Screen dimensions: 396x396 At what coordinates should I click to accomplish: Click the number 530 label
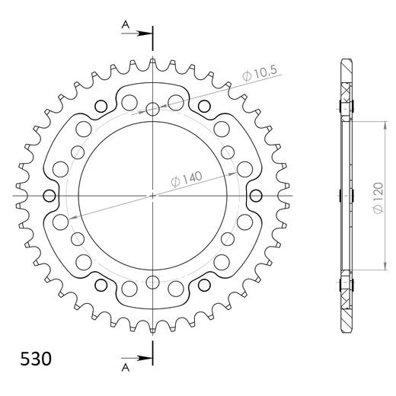tap(32, 358)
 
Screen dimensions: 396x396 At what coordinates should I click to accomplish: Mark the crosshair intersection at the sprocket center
tap(153, 196)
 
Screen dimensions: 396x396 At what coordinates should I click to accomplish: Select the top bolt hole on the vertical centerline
tap(153, 110)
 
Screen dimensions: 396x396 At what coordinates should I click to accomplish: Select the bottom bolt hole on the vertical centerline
tap(153, 282)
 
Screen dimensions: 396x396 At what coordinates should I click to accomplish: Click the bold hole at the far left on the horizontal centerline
tap(51, 196)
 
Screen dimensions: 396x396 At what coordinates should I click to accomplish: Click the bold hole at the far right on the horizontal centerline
tap(255, 196)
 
